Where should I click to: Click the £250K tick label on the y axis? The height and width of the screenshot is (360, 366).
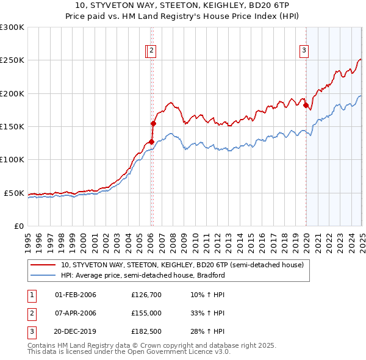12,60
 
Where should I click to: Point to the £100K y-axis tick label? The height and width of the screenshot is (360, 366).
12,160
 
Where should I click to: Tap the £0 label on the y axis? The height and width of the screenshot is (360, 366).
19,226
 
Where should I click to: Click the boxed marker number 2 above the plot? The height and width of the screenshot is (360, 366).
151,51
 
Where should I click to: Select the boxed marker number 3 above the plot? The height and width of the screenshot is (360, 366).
304,51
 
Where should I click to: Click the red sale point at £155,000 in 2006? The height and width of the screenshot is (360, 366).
153,123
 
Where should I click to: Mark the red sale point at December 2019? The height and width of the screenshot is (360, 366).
306,105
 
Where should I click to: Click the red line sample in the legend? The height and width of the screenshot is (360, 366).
43,265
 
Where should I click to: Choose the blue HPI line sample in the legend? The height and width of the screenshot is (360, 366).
43,275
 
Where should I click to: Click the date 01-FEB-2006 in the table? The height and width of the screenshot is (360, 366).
76,295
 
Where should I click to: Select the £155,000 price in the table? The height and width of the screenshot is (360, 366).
146,313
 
